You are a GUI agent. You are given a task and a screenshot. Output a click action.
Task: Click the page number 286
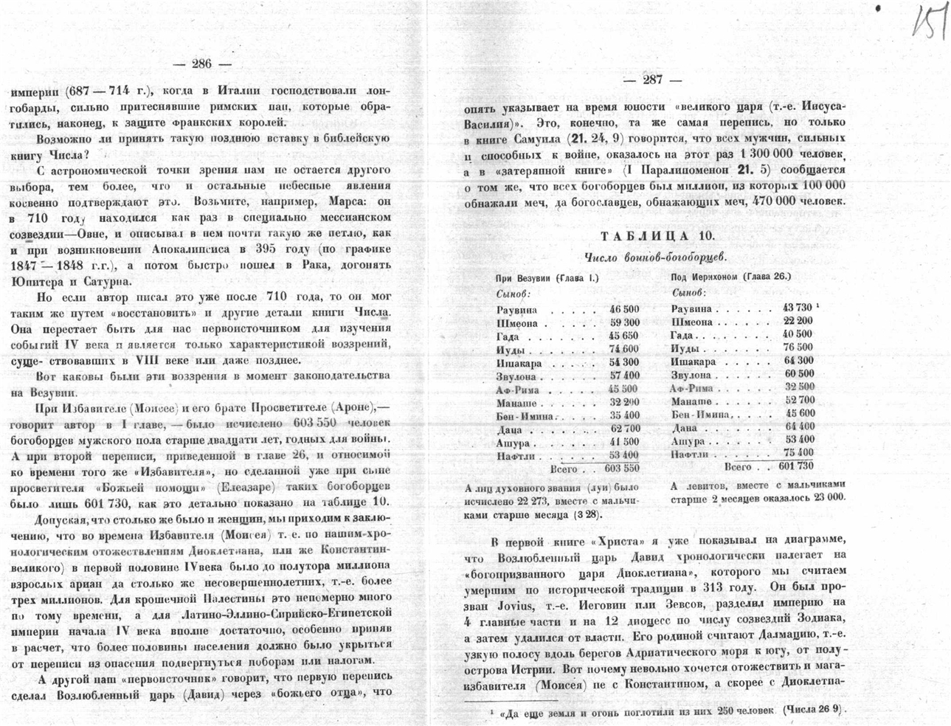pos(201,63)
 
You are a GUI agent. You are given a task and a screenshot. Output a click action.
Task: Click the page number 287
pos(652,80)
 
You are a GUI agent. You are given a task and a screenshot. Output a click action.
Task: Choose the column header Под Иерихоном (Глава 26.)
pos(730,277)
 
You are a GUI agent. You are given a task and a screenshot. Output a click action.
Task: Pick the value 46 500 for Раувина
pos(624,309)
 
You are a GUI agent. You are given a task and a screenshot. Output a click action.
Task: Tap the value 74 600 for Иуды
pos(624,349)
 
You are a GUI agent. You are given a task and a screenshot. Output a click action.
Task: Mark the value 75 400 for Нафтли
pos(798,452)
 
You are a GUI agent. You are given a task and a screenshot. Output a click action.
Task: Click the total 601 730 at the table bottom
pos(795,466)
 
